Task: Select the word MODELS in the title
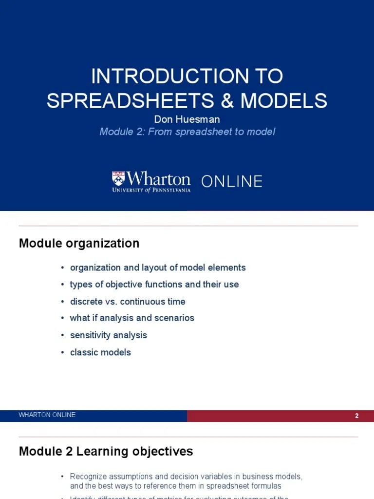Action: pyautogui.click(x=284, y=100)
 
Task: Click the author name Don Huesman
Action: pyautogui.click(x=187, y=119)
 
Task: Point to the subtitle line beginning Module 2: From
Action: pyautogui.click(x=187, y=132)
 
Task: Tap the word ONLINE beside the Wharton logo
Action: pyautogui.click(x=232, y=181)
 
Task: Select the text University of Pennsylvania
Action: pyautogui.click(x=151, y=190)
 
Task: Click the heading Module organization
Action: pyautogui.click(x=79, y=243)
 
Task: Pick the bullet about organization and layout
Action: pyautogui.click(x=158, y=268)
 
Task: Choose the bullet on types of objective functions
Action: pyautogui.click(x=154, y=284)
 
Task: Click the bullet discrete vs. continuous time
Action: pyautogui.click(x=128, y=301)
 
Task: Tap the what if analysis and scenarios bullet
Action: pyautogui.click(x=132, y=318)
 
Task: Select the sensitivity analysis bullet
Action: pyautogui.click(x=108, y=335)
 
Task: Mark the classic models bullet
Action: pyautogui.click(x=100, y=352)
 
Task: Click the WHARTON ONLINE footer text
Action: pyautogui.click(x=47, y=415)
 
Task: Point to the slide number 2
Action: pyautogui.click(x=357, y=416)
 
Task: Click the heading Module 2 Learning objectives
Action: pyautogui.click(x=106, y=451)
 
